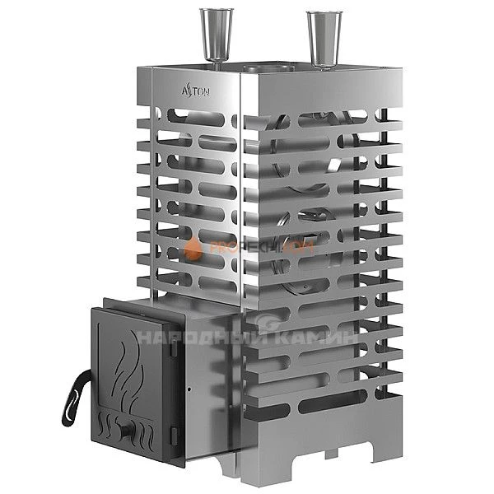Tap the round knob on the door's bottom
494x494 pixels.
pyautogui.click(x=125, y=428)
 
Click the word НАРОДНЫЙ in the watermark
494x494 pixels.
pyautogui.click(x=194, y=337)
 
